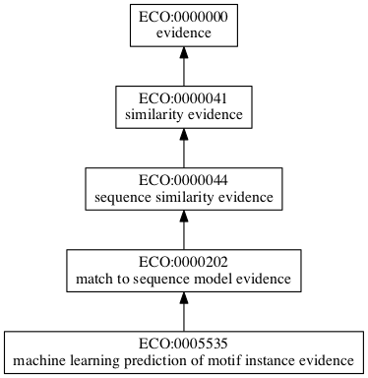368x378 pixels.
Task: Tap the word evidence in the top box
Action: tap(184, 34)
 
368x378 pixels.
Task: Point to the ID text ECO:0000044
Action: tap(184, 182)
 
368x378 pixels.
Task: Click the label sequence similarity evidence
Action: tap(184, 198)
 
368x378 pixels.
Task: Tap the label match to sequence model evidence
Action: tap(184, 280)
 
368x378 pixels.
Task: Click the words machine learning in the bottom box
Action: tap(58, 361)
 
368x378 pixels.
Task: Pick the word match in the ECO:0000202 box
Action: tap(93, 280)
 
